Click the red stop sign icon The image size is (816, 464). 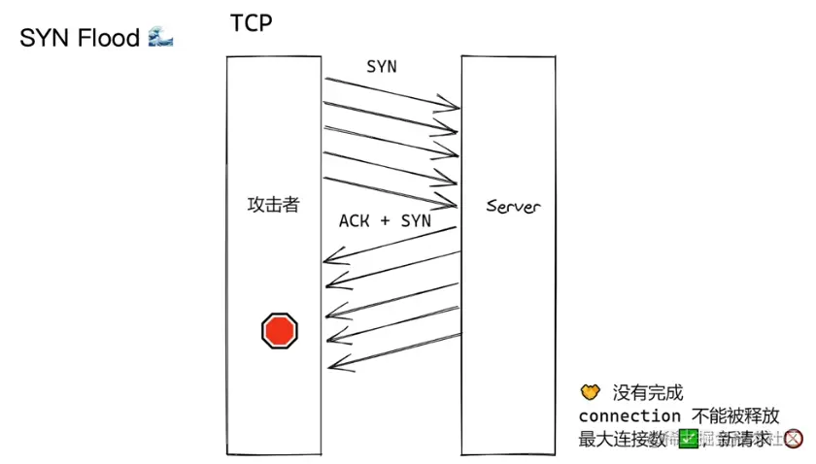tap(280, 331)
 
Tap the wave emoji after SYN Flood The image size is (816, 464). tap(161, 39)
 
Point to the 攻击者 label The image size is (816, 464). tap(273, 205)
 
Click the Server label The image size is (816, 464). tap(514, 206)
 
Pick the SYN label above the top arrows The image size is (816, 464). tap(381, 67)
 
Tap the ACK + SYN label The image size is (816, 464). tap(385, 220)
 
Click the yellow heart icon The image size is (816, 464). tap(589, 392)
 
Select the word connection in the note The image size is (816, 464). tap(629, 415)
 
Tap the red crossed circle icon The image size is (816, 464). tap(794, 438)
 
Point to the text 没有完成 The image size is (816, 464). tap(648, 393)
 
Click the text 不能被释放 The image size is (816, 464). tap(735, 415)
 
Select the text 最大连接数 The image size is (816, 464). tap(623, 439)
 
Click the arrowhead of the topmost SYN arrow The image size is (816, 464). tap(453, 100)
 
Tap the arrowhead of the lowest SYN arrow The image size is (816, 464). tap(452, 202)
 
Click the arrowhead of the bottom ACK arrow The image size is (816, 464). tap(333, 365)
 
